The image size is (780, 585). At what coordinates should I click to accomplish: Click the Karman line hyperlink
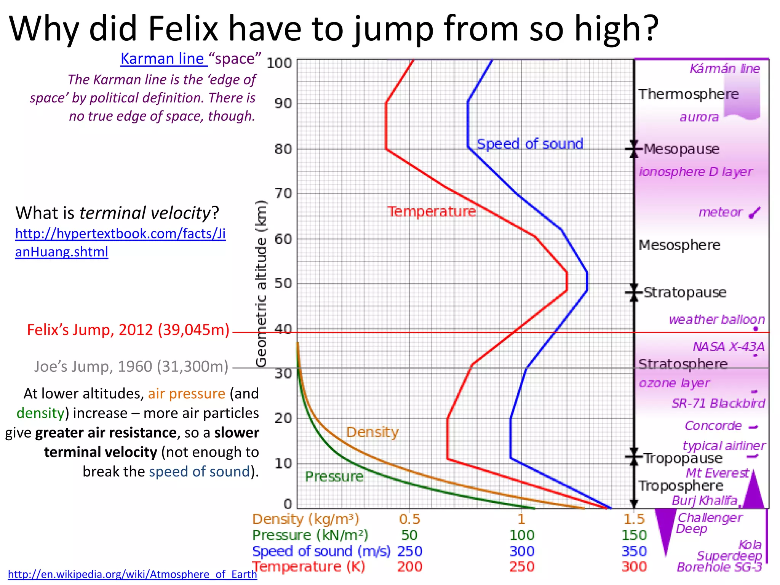point(164,59)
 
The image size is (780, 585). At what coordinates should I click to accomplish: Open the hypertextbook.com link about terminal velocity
point(120,243)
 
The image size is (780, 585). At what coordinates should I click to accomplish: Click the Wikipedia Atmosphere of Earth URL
point(133,574)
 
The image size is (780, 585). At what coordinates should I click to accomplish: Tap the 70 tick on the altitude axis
point(283,194)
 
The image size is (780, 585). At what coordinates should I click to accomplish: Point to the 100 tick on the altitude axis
point(279,63)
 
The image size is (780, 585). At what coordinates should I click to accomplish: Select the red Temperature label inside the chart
point(432,212)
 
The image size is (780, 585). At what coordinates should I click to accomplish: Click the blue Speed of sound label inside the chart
point(530,144)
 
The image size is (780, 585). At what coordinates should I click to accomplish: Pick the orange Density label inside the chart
point(372,432)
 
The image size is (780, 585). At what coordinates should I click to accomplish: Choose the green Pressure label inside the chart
point(334,477)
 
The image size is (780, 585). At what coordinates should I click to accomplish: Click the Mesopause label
point(681,149)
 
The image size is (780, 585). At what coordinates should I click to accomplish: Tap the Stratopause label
point(685,292)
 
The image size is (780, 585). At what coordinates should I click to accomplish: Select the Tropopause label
point(683,458)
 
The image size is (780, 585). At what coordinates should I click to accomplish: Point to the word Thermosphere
point(688,94)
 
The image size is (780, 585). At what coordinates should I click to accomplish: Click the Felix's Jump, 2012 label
point(128,330)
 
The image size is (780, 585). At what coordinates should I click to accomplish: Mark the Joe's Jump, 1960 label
point(131,366)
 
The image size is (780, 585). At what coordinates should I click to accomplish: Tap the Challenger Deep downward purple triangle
point(665,529)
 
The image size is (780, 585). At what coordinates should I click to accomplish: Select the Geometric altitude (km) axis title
point(261,284)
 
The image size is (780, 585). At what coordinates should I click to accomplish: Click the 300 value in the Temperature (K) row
point(634,567)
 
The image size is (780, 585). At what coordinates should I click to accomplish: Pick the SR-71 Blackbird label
point(718,403)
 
